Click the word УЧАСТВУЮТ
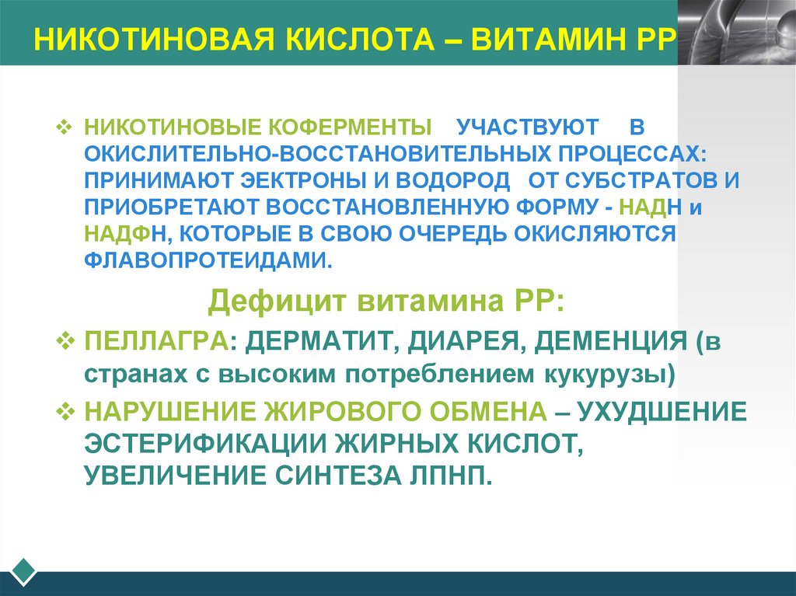[x=528, y=127]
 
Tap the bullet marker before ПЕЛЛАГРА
[x=66, y=342]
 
